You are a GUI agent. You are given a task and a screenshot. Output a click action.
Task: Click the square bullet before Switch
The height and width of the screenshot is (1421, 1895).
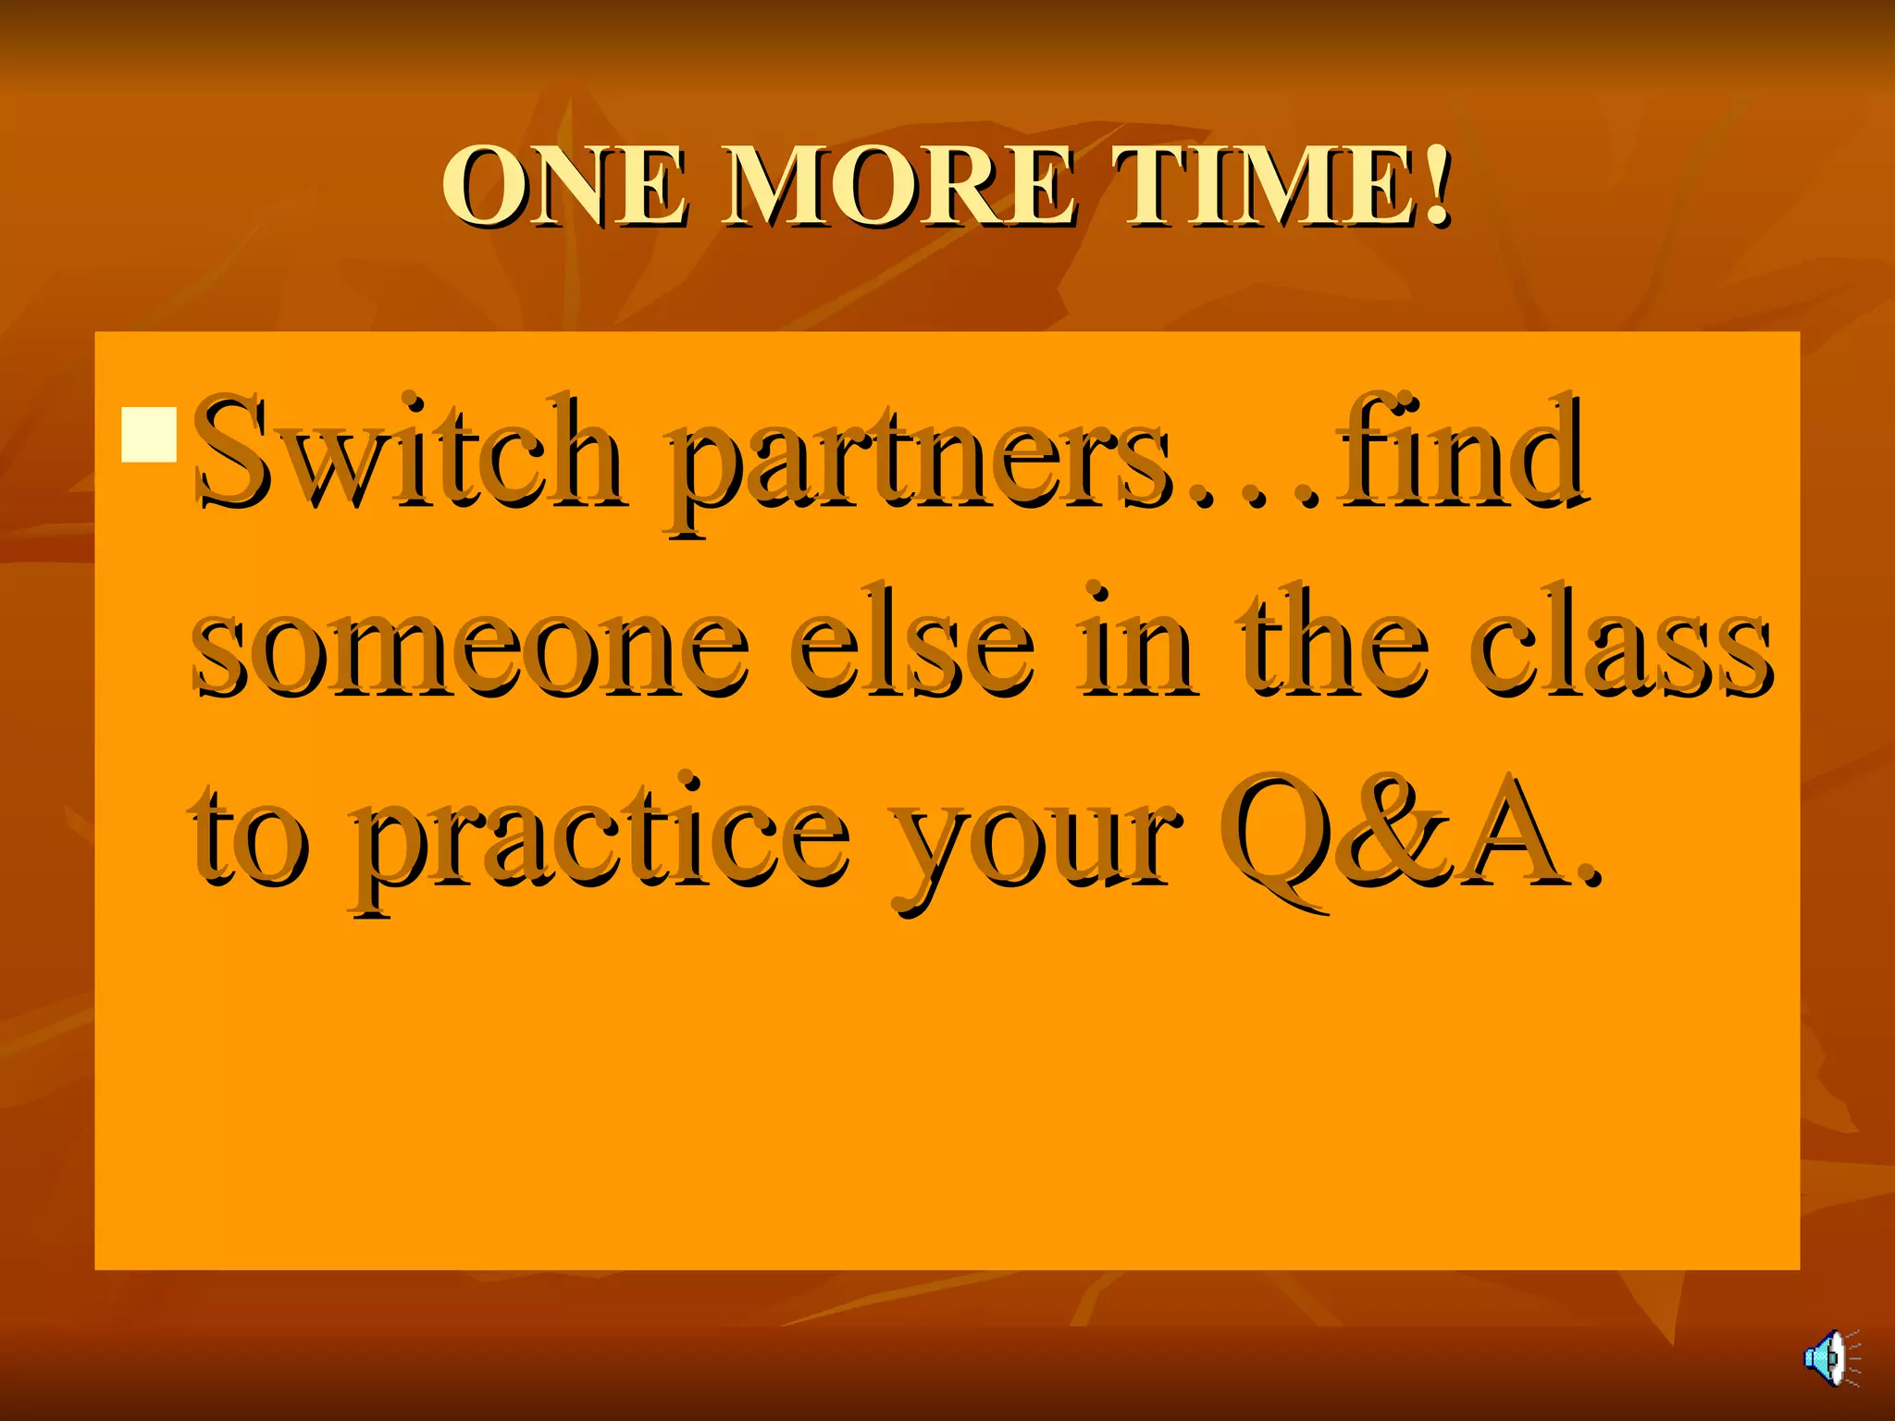point(149,434)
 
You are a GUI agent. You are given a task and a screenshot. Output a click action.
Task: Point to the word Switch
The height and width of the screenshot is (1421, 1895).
point(408,453)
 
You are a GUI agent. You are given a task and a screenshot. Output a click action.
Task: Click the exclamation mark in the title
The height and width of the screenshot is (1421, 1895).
point(1436,185)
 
